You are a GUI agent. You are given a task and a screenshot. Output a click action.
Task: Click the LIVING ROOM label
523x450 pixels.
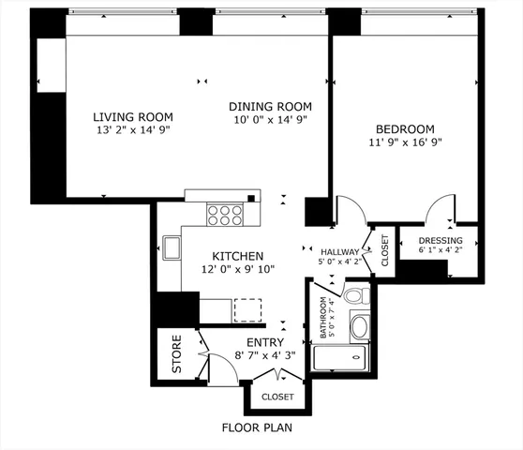click(x=133, y=117)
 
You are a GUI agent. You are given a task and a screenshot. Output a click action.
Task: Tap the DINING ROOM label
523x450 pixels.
click(x=270, y=106)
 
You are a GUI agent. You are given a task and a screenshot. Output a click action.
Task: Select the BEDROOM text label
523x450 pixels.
click(x=405, y=128)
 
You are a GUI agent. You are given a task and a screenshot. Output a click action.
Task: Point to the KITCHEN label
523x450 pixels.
click(x=237, y=256)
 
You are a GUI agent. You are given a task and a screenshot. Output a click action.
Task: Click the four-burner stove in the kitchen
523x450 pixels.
click(x=225, y=216)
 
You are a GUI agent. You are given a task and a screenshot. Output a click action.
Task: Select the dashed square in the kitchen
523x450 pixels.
click(x=247, y=311)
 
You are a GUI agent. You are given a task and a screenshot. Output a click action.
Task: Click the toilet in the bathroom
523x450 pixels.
click(x=353, y=296)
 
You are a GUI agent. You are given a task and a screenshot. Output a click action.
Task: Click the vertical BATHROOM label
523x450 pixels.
click(x=323, y=319)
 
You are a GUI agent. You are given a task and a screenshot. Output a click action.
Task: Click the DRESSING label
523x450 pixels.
click(x=440, y=240)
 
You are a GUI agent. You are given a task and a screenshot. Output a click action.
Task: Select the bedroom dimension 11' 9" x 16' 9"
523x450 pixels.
click(x=405, y=142)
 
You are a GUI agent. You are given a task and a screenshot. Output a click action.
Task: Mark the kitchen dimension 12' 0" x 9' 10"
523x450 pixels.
click(x=237, y=270)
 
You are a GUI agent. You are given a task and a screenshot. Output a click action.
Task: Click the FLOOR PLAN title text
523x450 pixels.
click(x=257, y=428)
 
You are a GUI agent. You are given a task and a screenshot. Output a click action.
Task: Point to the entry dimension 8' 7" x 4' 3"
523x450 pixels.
click(x=264, y=356)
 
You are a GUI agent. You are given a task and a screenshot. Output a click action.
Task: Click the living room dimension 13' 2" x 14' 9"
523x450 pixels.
click(x=133, y=131)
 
